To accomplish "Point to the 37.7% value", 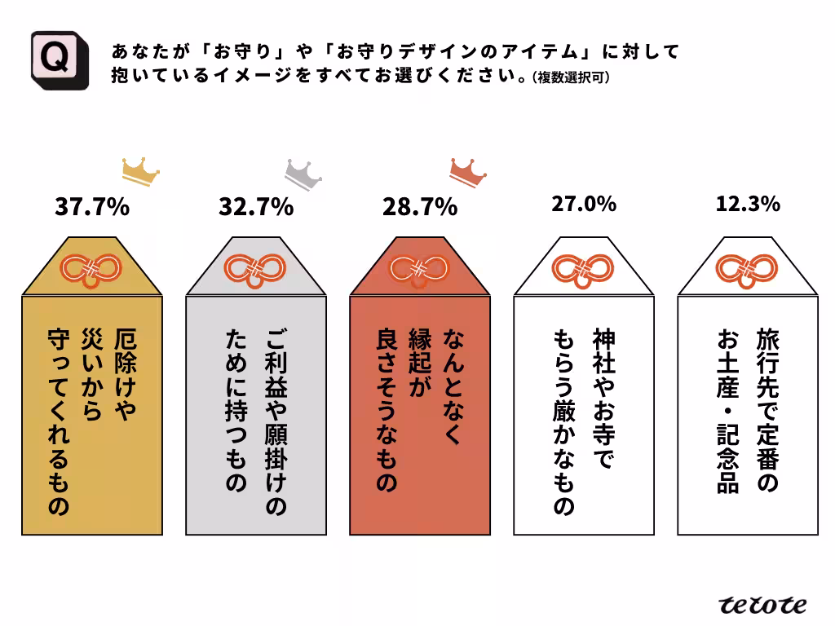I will (x=91, y=207).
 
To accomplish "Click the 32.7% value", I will (x=255, y=207).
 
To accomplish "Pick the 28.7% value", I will (x=419, y=207).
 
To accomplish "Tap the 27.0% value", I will (x=583, y=204).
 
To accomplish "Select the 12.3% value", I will (x=748, y=204).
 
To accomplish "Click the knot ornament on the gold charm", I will (x=91, y=267).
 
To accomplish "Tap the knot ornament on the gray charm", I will (x=255, y=267).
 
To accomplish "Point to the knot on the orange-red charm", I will (x=419, y=267).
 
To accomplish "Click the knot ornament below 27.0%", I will (x=583, y=267).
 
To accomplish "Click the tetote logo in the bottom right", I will (x=762, y=604).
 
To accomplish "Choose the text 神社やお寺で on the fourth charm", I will (x=604, y=399).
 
